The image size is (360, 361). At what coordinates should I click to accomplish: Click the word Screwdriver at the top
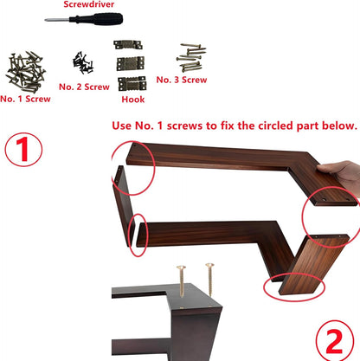(88, 4)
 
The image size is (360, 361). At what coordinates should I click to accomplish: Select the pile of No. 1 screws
(25, 72)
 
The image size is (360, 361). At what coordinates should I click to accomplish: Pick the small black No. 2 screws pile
(83, 62)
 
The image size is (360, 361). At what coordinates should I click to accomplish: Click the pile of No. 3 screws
(190, 57)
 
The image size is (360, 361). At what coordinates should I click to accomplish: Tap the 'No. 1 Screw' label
(25, 99)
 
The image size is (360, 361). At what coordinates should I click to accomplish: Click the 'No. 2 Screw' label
(84, 87)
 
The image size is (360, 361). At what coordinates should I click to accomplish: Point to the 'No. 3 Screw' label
(182, 80)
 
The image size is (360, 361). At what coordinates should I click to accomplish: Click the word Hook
(133, 100)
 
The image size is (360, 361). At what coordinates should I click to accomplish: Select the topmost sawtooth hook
(128, 45)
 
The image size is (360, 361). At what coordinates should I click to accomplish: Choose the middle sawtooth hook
(131, 63)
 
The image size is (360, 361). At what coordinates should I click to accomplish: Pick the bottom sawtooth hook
(132, 83)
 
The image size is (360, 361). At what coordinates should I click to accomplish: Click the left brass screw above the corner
(182, 281)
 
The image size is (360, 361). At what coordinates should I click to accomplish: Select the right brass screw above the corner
(209, 280)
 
